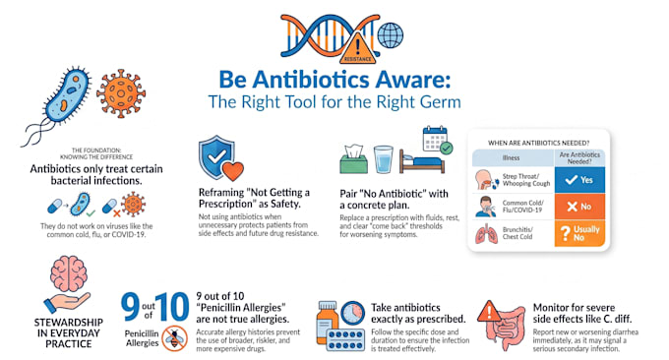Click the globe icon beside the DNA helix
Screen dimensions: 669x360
click(391, 35)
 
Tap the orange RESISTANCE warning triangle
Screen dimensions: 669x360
click(358, 49)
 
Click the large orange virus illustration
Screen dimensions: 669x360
click(121, 93)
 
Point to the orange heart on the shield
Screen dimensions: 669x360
click(233, 170)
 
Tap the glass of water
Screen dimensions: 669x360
click(383, 159)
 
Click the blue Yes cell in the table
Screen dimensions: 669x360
click(579, 180)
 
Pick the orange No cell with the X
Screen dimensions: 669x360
click(579, 207)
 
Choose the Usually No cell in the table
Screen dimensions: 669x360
click(579, 233)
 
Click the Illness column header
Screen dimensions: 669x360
click(513, 157)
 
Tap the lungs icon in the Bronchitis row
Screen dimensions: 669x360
click(486, 234)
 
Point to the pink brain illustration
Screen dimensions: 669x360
click(68, 274)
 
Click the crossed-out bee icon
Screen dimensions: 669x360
click(174, 338)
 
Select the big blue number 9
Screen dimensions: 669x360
click(130, 307)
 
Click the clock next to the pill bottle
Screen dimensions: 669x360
click(353, 313)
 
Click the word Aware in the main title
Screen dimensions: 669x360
click(412, 80)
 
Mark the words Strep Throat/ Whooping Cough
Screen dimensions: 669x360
click(526, 180)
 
